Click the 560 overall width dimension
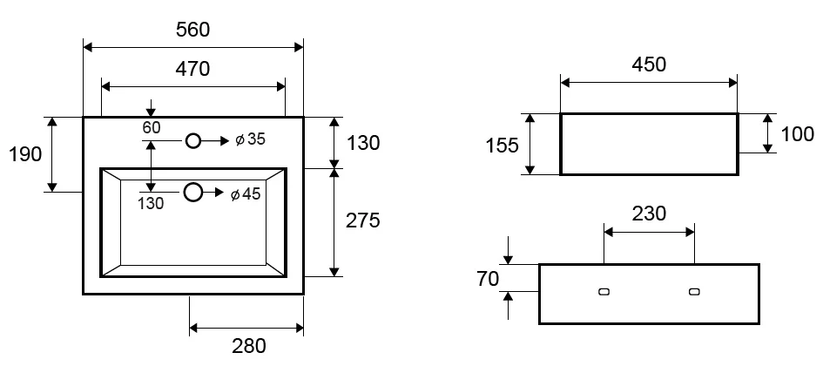192,30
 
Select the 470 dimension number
192,69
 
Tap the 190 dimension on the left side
25,154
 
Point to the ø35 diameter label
251,139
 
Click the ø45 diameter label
246,193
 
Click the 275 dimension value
362,220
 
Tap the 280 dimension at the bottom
249,346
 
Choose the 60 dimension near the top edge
152,127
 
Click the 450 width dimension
649,64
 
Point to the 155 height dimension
502,146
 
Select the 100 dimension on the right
798,134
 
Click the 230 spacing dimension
649,214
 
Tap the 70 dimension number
488,279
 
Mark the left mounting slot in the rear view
604,292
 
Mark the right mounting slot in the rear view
694,292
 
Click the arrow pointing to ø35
215,141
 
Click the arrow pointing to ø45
213,193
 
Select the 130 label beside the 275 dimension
362,143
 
